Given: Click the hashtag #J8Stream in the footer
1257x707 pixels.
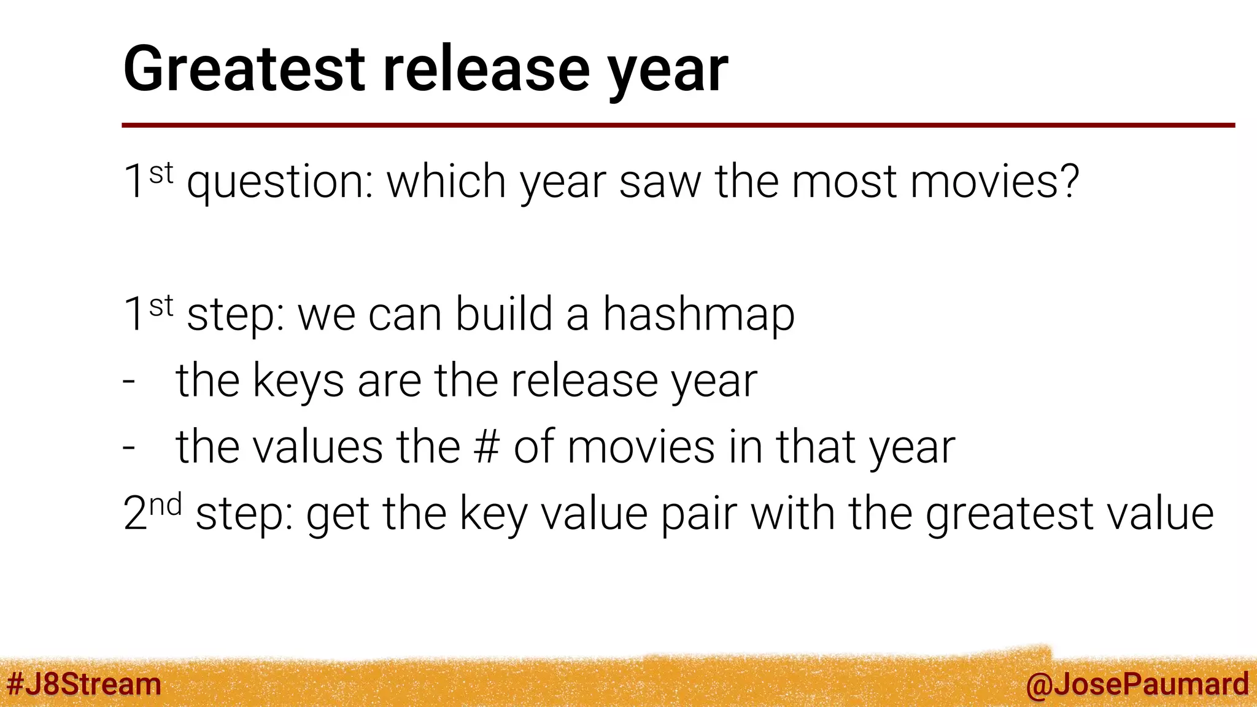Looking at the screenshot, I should point(83,684).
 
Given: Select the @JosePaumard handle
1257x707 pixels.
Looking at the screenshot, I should point(1137,684).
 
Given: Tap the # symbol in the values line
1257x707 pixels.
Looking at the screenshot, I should point(487,447).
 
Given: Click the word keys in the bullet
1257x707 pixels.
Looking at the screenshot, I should point(298,382).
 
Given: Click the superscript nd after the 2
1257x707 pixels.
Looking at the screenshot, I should point(166,505).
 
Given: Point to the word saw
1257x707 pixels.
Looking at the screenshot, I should point(660,182).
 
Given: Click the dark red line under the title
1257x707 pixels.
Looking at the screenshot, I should point(675,125).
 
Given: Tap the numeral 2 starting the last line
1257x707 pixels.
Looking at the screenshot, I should point(134,514).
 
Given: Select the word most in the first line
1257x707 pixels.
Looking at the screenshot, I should point(844,182).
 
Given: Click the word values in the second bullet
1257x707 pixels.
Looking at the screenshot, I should point(318,447).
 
